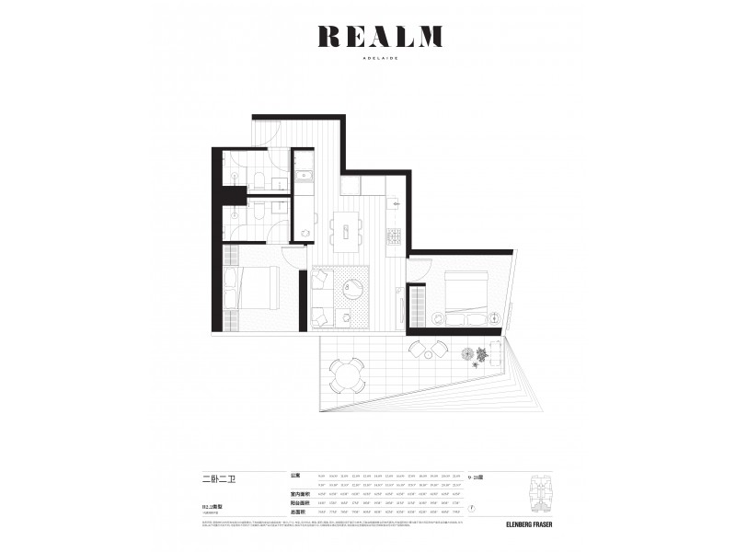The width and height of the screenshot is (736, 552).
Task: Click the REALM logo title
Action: [x=380, y=37]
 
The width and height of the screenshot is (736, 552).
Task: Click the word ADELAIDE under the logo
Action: [x=380, y=56]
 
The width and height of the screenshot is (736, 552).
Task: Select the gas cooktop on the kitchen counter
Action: [x=394, y=236]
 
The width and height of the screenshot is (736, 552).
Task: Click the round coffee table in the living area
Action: [x=355, y=292]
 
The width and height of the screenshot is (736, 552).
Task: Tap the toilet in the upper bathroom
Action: [x=259, y=180]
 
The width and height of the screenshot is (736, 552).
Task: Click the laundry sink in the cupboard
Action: [x=304, y=177]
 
